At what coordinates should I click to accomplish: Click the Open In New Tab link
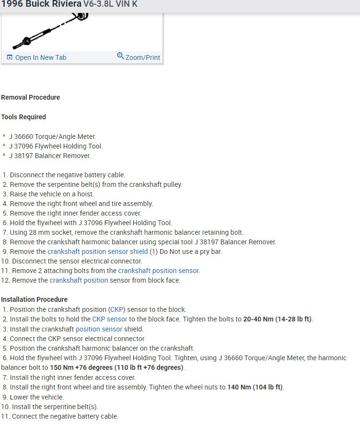coord(40,57)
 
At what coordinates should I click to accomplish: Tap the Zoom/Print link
coord(142,57)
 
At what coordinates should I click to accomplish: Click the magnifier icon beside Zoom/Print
coord(120,56)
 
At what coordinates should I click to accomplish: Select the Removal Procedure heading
coord(30,97)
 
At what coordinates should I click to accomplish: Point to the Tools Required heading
coord(23,117)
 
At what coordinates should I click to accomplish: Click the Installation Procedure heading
coord(34,299)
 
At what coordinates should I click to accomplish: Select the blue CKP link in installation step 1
coord(116,309)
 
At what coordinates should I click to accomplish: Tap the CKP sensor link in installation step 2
coord(110,319)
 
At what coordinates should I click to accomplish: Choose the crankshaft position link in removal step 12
coord(79,280)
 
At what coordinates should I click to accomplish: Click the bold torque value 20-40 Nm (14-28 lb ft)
coord(278,319)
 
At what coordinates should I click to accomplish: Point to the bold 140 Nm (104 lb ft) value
coord(255,387)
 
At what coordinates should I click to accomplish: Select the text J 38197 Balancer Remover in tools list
coord(49,156)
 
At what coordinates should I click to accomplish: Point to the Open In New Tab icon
coord(10,57)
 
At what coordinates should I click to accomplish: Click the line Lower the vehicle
coord(36,397)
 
